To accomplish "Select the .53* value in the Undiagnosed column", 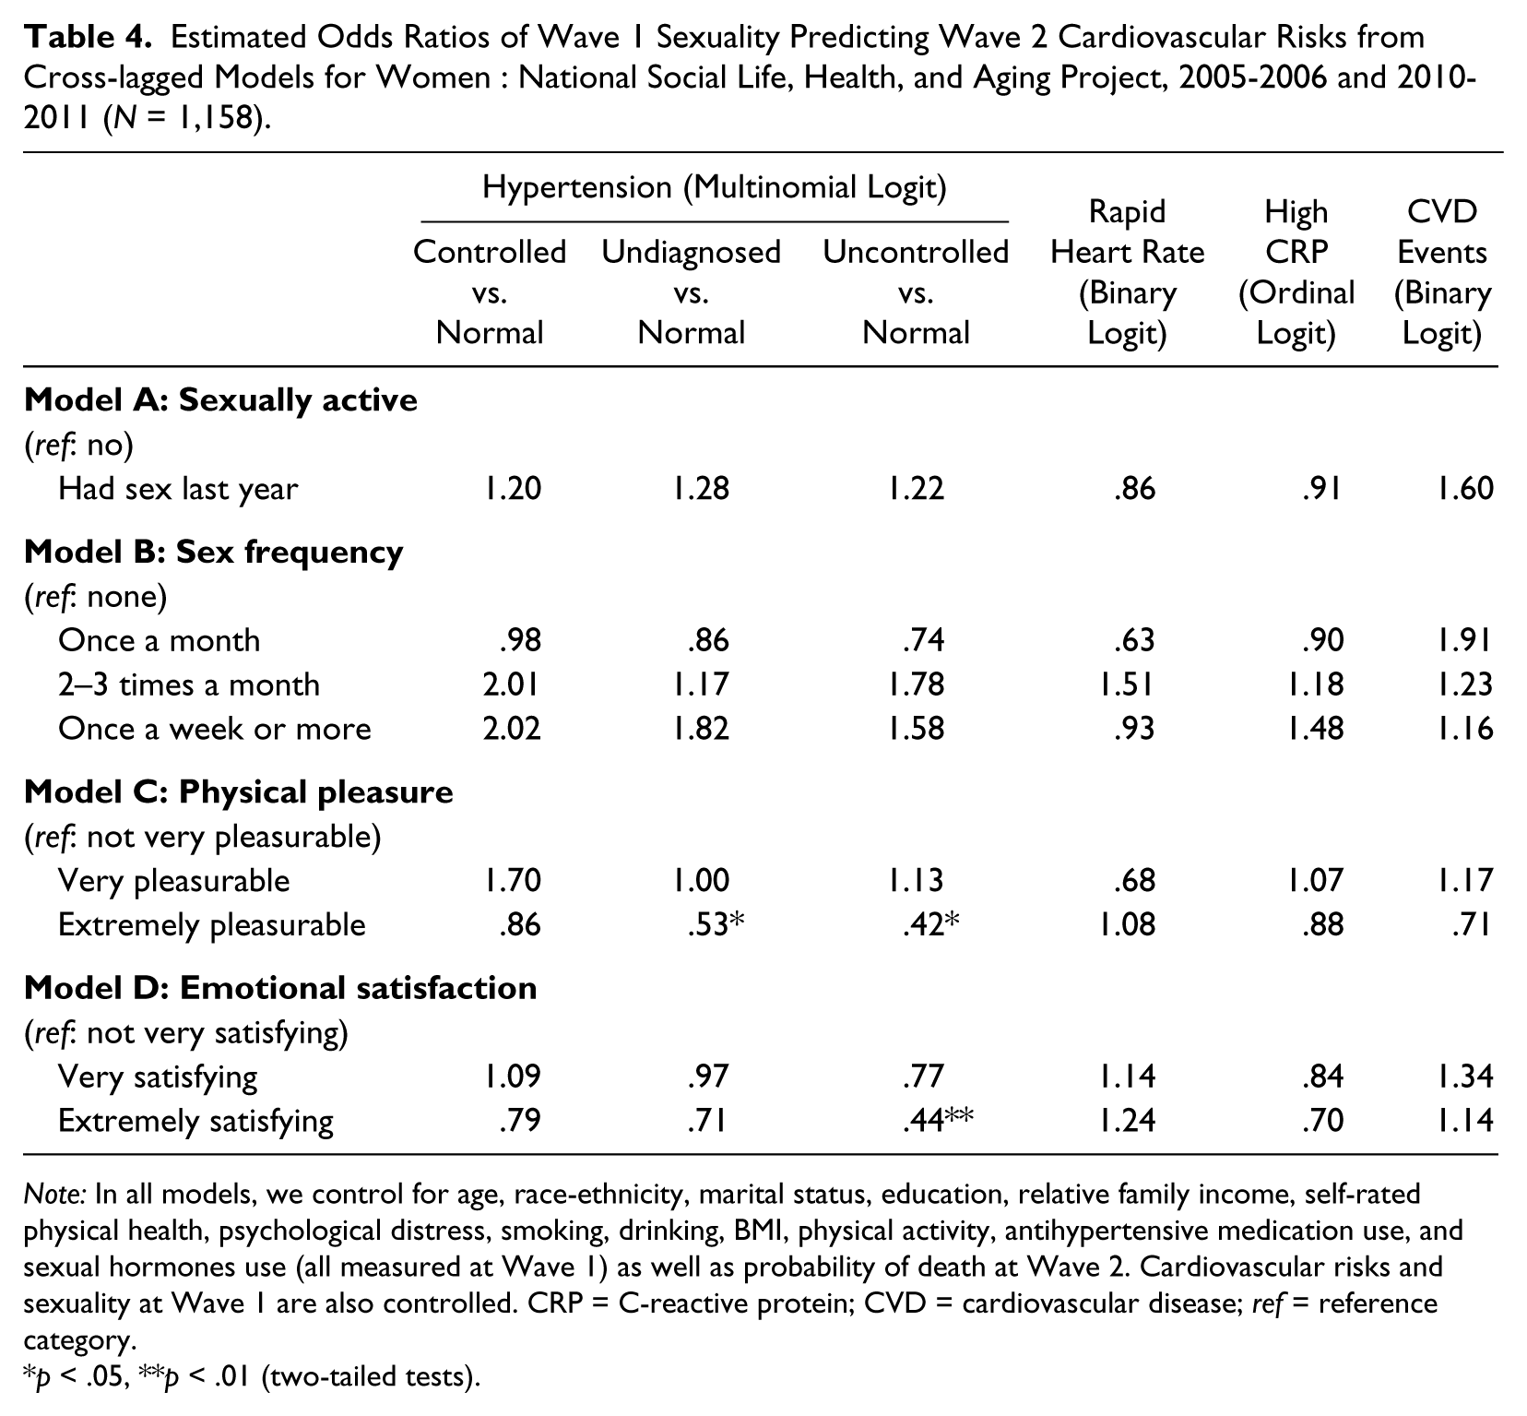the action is click(x=716, y=924).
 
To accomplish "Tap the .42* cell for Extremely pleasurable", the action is click(x=930, y=924).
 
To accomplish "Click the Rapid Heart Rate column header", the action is click(x=1127, y=272).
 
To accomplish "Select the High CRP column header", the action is click(x=1296, y=272).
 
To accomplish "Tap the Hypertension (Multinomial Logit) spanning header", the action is click(x=715, y=187).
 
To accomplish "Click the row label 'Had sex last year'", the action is click(x=178, y=489).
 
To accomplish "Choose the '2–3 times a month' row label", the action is click(x=189, y=684).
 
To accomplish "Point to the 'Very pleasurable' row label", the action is click(x=173, y=881).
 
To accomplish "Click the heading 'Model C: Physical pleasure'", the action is click(x=239, y=792).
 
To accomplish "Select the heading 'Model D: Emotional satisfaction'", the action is click(x=280, y=988).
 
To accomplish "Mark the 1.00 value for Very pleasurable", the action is click(x=700, y=880).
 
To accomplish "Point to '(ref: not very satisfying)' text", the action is click(x=186, y=1033).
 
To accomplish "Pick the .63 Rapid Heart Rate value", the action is click(x=1134, y=639).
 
